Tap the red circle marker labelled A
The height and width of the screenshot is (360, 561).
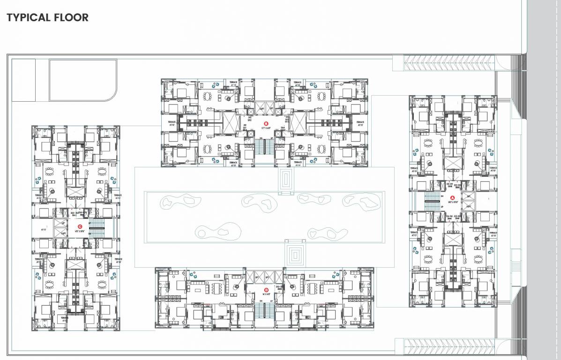coord(453,197)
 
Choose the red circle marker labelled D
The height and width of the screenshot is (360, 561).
coord(266,290)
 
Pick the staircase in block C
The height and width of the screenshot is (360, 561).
coord(97,230)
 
